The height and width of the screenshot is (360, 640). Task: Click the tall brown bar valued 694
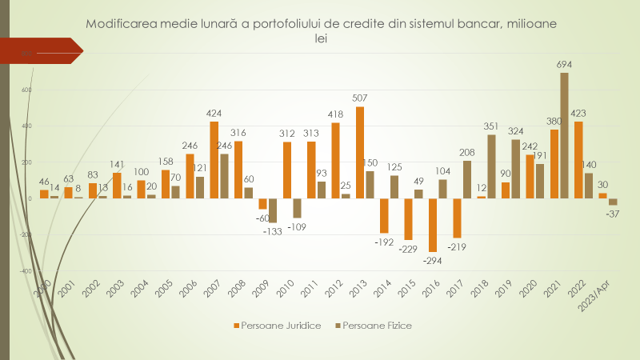564,135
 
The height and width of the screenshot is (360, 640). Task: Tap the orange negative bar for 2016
433,225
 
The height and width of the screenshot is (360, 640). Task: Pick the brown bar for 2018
491,166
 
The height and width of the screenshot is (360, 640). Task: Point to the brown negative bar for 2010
297,208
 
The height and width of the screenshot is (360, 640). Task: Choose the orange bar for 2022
578,159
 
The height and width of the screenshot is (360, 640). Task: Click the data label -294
433,260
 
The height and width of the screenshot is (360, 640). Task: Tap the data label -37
613,214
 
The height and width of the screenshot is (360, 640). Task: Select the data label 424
214,113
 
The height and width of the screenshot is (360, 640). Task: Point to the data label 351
491,126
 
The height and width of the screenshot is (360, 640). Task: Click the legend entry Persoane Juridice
275,326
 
